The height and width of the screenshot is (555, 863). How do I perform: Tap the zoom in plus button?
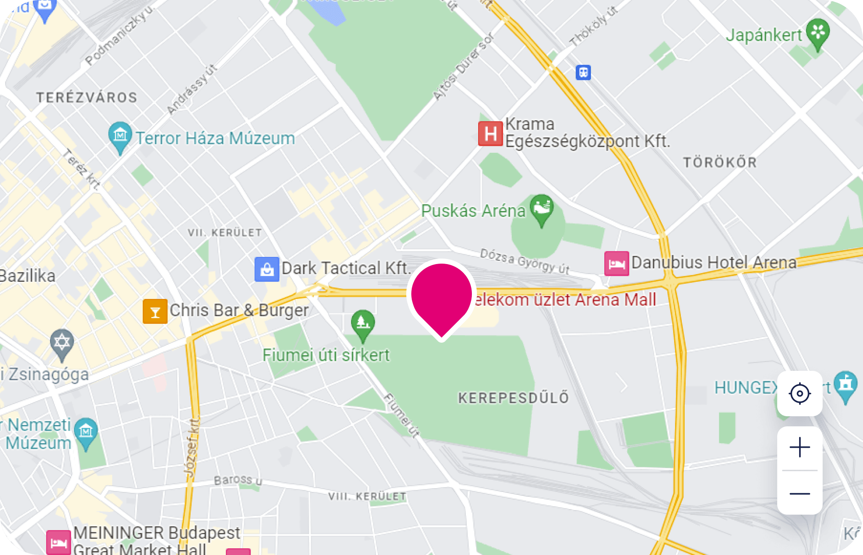pos(799,447)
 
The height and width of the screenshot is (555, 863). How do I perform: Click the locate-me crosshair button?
pos(799,394)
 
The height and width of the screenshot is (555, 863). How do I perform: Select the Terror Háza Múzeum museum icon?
pos(120,135)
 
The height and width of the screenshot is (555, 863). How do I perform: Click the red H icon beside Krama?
pos(490,134)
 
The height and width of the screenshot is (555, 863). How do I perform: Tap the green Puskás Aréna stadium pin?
pos(542,208)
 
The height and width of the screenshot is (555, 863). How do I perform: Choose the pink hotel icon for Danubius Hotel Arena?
pos(617,264)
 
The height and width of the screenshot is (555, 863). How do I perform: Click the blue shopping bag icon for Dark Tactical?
pos(267,269)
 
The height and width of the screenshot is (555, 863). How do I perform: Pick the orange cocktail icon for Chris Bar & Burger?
pos(155,312)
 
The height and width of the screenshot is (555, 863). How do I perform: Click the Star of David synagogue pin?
pos(62,343)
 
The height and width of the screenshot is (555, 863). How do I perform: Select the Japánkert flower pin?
pos(818,32)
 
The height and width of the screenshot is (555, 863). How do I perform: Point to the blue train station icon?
pos(583,72)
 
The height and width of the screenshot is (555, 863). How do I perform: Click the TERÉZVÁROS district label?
pos(87,98)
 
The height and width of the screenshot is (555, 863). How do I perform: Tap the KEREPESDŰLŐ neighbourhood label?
pos(514,398)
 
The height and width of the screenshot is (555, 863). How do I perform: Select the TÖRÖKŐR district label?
pos(720,162)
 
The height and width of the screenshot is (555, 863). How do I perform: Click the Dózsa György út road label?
pos(525,261)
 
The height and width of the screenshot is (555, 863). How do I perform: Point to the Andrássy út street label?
pos(191,90)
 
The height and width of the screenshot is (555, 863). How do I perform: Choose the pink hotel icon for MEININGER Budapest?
pos(58,543)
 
